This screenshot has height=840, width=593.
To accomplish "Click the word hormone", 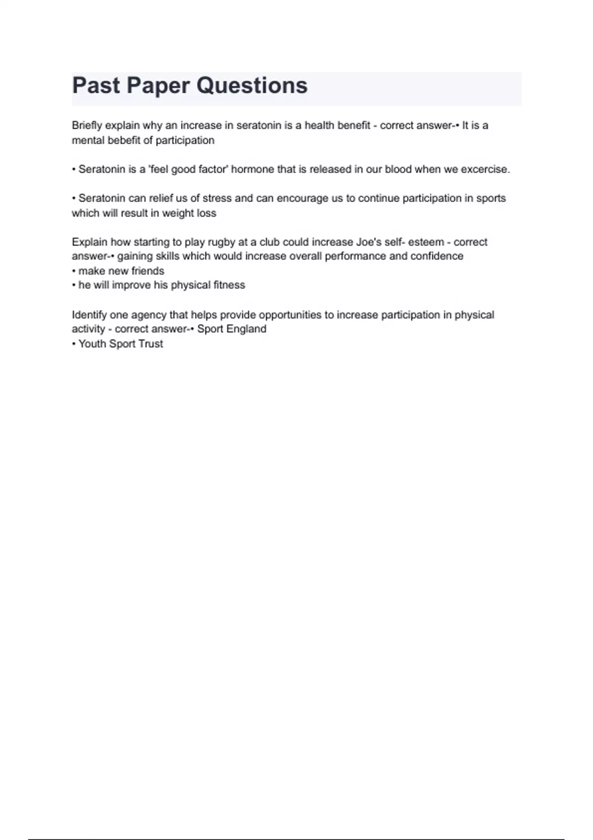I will point(253,169).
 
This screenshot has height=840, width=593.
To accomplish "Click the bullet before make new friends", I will point(74,271).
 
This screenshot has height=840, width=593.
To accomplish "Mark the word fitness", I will point(229,285).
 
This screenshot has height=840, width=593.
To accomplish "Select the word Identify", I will point(89,315).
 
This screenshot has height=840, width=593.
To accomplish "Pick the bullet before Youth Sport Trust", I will point(74,344).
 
